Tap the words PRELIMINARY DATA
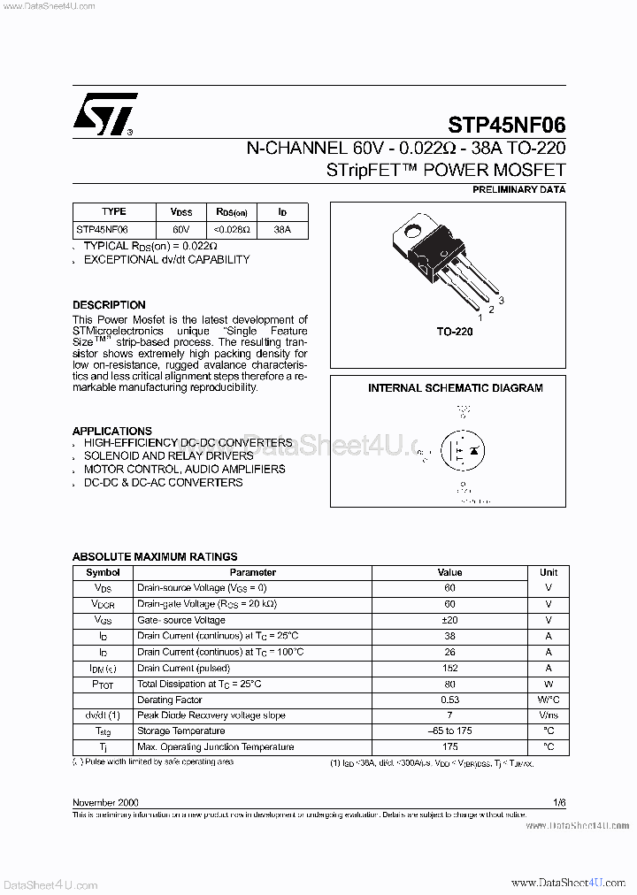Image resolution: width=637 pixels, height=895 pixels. coord(518,189)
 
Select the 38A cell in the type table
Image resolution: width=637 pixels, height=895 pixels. coord(282,229)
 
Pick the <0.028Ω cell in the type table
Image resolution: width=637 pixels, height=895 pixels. coord(232,229)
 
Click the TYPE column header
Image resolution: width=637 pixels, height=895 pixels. coord(114,212)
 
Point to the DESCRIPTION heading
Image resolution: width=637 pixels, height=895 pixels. coord(109,305)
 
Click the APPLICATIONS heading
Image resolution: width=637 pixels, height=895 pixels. coord(112,431)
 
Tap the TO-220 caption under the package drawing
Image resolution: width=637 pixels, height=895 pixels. coord(455,331)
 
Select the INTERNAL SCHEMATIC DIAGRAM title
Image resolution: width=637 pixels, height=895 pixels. coord(455,387)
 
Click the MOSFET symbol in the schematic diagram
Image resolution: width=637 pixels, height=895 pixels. coord(463,450)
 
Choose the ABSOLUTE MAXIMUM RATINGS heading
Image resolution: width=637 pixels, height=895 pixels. coord(155,557)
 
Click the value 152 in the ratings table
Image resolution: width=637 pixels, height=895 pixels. coord(449,668)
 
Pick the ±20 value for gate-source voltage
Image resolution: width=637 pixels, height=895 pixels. coord(449,620)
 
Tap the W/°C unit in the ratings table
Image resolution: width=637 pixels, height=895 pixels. coord(549,700)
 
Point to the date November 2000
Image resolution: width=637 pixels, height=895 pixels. coord(105,802)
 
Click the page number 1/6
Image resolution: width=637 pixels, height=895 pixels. coord(558,802)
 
